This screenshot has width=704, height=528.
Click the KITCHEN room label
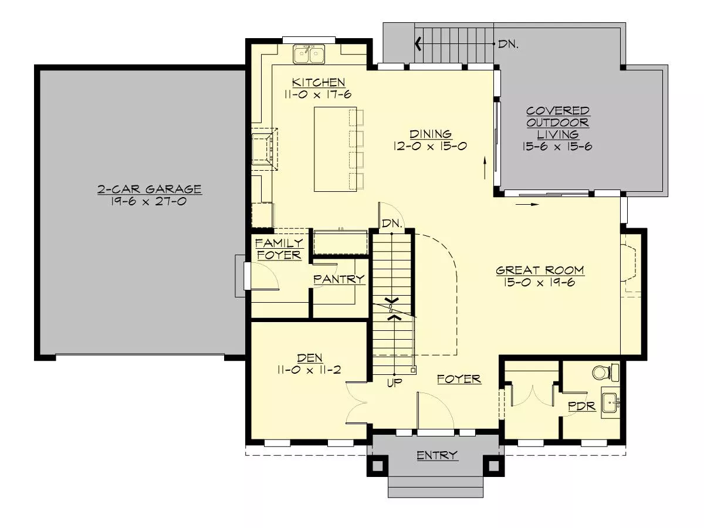click(x=319, y=82)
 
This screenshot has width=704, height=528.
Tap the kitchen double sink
click(x=309, y=54)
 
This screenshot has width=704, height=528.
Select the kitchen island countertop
click(x=335, y=149)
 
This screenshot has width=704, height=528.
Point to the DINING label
click(x=431, y=134)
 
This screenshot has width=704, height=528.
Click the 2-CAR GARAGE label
click(x=150, y=189)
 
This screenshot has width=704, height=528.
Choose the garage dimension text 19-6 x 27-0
click(x=149, y=201)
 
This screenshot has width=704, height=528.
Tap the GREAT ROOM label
click(x=540, y=270)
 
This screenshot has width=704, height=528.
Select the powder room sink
click(x=611, y=402)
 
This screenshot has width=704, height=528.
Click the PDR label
click(x=582, y=406)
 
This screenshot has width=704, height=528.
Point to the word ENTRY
click(x=437, y=455)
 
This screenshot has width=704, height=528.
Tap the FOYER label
click(x=459, y=379)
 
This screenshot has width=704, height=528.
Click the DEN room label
click(x=310, y=358)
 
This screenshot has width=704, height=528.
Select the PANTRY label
click(x=339, y=279)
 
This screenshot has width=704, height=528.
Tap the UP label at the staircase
click(x=394, y=383)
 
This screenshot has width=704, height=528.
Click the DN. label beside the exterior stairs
click(x=509, y=44)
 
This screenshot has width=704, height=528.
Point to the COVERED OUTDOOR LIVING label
click(x=557, y=123)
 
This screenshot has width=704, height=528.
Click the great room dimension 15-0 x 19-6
click(x=540, y=282)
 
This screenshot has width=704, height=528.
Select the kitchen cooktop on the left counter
click(x=265, y=149)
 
